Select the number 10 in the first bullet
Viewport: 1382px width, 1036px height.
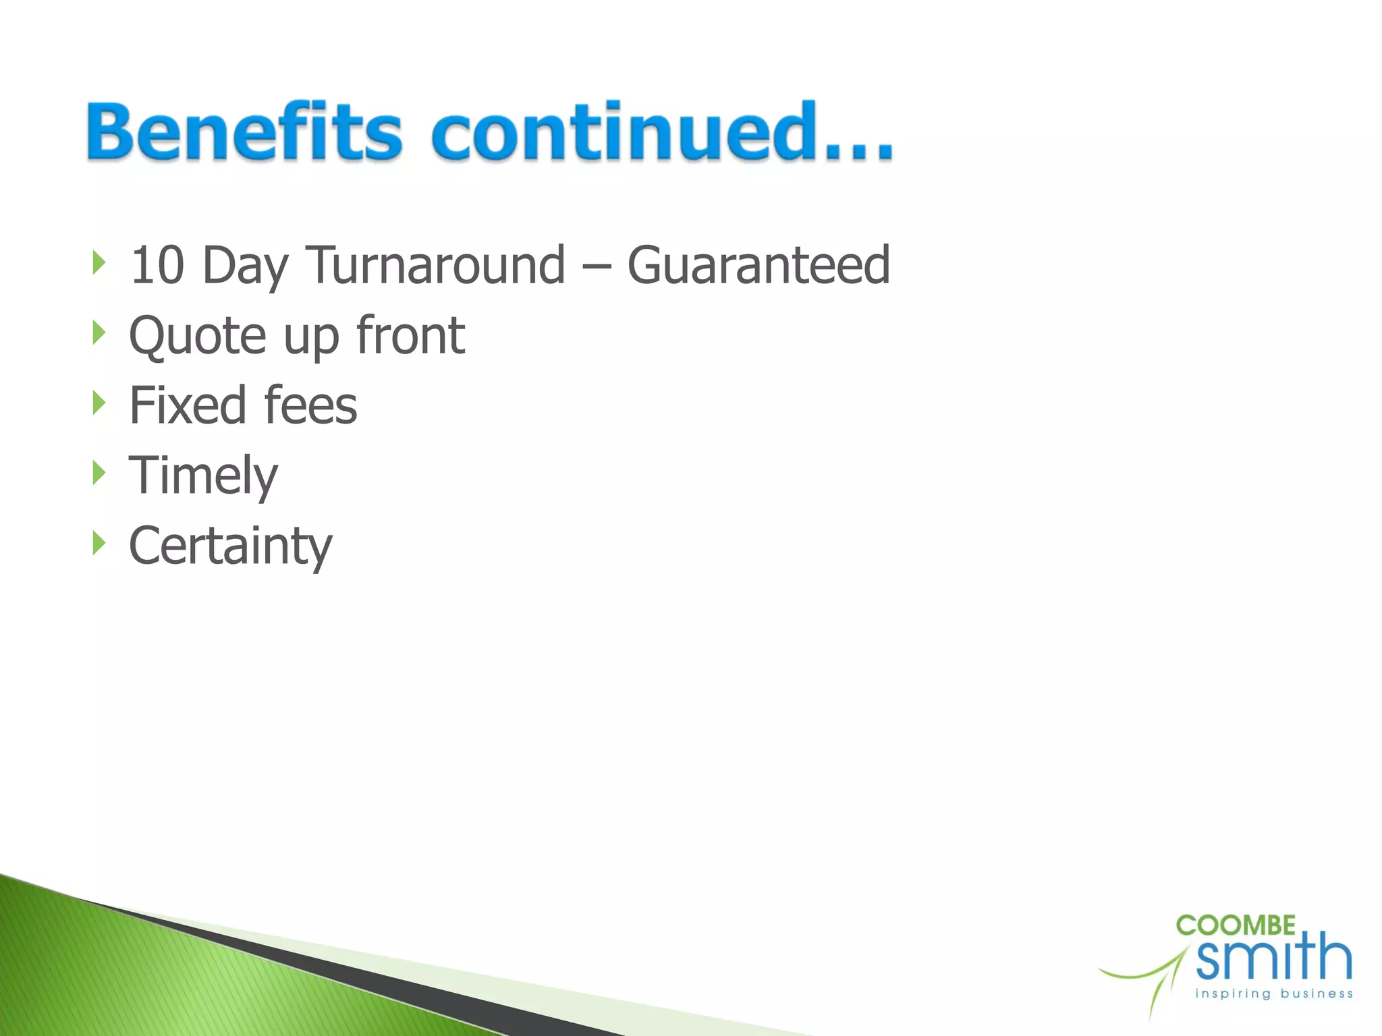[x=157, y=265]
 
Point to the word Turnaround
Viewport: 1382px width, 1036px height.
[x=435, y=265]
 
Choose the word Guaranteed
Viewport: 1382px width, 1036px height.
[x=758, y=265]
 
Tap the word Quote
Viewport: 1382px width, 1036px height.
[x=198, y=336]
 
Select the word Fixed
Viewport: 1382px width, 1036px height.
[x=188, y=405]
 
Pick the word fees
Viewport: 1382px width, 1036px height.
[x=310, y=405]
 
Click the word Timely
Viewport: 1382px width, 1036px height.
[x=203, y=476]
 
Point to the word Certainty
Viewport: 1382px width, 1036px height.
[x=230, y=546]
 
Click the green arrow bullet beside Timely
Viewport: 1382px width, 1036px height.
[x=99, y=473]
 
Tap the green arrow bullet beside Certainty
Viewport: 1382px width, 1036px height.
[x=99, y=543]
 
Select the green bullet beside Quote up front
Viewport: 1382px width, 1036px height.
[x=99, y=332]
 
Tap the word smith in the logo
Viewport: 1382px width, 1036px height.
[x=1274, y=957]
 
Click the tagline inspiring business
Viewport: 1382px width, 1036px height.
[x=1273, y=994]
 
